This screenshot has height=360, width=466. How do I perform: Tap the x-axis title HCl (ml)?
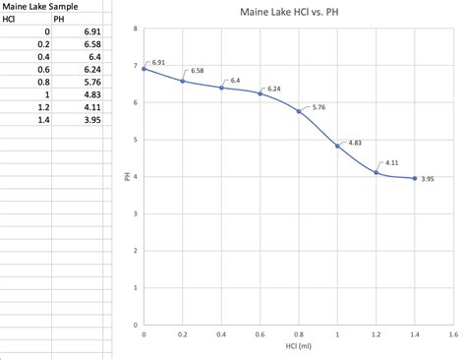point(298,345)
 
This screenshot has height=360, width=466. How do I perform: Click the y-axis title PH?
point(128,177)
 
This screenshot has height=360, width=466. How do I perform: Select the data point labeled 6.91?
point(144,69)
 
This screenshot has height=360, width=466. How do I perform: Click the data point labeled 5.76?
point(299,111)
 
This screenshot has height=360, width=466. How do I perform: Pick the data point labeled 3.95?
point(415,178)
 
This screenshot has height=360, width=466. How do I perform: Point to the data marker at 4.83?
point(337,146)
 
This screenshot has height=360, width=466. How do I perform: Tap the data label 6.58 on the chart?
point(198,71)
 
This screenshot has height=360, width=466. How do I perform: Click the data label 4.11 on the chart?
point(391,161)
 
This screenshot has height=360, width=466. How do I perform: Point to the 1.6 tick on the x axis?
point(453,334)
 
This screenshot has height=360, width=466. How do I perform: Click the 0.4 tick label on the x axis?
point(221,334)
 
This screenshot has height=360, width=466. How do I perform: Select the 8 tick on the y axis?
point(136,29)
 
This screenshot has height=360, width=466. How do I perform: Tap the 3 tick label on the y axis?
point(136,213)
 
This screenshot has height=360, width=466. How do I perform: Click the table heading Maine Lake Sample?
point(40,7)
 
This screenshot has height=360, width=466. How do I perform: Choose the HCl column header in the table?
point(11,20)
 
